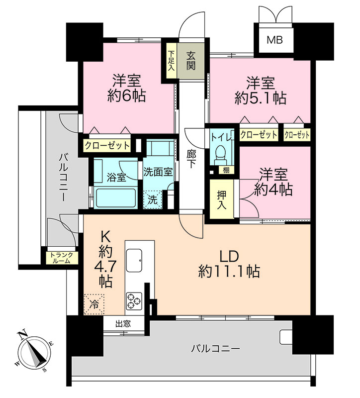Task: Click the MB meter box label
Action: tap(274, 40)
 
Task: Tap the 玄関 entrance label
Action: tap(191, 60)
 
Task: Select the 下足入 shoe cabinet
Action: tap(172, 61)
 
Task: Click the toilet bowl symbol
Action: tap(220, 155)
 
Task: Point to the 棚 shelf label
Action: tap(226, 170)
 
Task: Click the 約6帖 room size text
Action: tap(126, 96)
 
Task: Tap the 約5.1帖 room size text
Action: tap(260, 98)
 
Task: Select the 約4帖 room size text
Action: tap(273, 189)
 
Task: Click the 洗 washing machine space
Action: tap(153, 199)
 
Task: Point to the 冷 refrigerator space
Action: tap(94, 304)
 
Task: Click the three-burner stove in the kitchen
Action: tap(134, 301)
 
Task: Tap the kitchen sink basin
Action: tap(134, 260)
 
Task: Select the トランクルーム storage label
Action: tap(61, 258)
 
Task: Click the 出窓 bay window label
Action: tap(123, 324)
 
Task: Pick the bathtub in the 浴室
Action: tap(116, 198)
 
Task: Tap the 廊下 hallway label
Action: tap(191, 159)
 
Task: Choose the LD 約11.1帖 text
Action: tap(229, 264)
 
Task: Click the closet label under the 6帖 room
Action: tap(107, 146)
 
